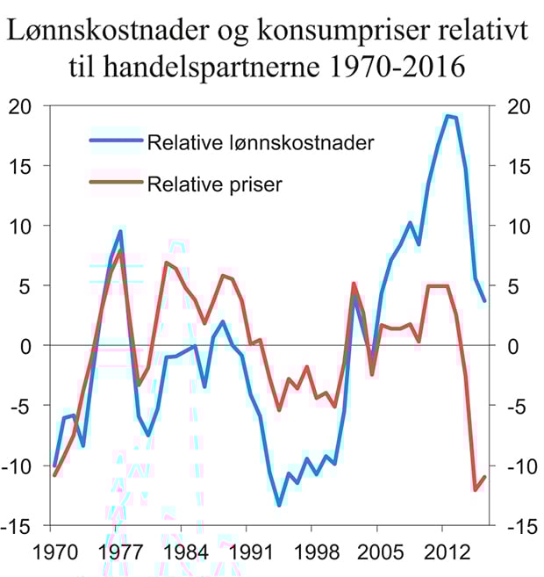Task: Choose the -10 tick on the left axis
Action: [25, 465]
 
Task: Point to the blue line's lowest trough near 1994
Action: [279, 505]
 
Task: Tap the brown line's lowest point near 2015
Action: [475, 490]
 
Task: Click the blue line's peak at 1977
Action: [120, 231]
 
